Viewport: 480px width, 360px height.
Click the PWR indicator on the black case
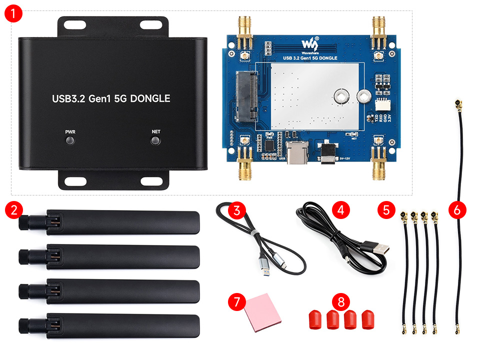coord(70,140)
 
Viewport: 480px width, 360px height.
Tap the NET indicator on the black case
coord(156,140)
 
